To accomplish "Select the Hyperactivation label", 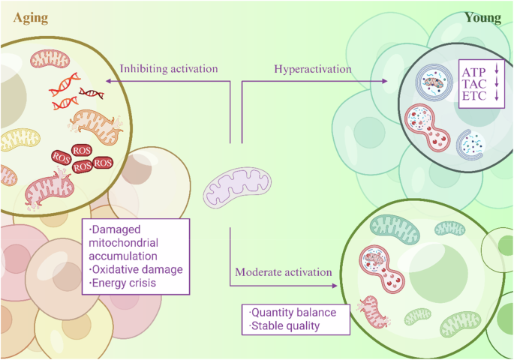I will (x=312, y=68).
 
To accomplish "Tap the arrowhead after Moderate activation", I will (x=330, y=283).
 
